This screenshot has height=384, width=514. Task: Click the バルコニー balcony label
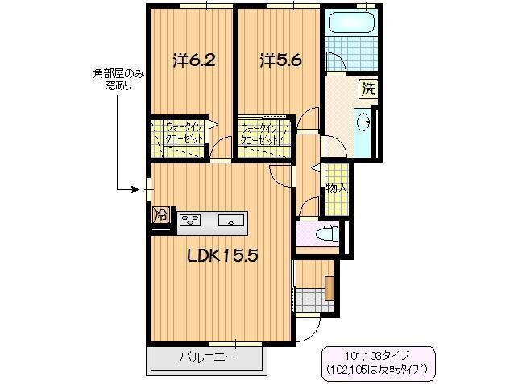[x=207, y=357]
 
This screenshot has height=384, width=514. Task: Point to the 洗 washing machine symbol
[x=367, y=88]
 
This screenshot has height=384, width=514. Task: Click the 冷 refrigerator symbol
[x=161, y=216]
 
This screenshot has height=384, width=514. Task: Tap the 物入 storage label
[x=336, y=189]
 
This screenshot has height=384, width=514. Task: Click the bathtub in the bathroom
[x=353, y=24]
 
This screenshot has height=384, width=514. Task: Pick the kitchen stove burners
[x=191, y=217]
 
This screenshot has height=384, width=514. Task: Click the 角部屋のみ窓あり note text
[x=118, y=78]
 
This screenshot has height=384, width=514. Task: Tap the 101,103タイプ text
[x=376, y=353]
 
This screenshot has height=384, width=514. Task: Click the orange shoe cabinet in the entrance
[x=330, y=287]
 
